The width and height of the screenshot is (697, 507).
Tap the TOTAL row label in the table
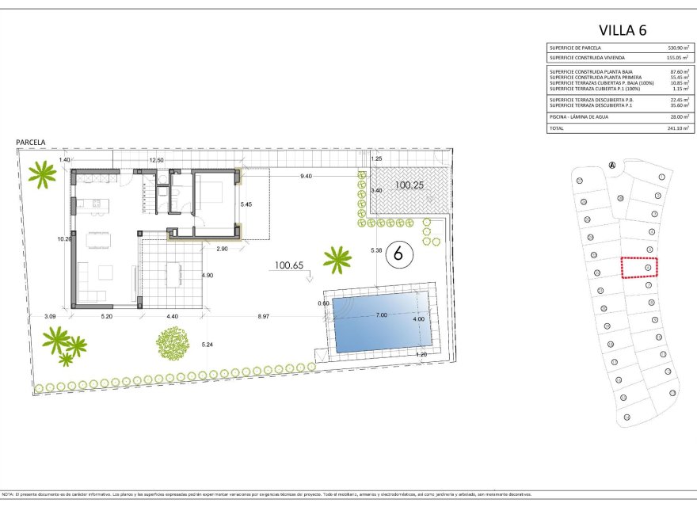pos(558,127)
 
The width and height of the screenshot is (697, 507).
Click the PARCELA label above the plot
pos(31,143)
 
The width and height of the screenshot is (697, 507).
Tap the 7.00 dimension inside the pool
pos(381,314)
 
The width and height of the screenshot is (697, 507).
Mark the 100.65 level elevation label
pos(289,265)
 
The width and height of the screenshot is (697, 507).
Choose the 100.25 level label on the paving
pos(410,185)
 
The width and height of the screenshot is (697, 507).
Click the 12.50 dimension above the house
pos(157,161)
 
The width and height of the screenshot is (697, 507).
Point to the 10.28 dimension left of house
pos(64,238)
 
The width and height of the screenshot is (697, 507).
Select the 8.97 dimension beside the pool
pos(263,317)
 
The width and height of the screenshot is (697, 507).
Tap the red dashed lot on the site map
pos(640,268)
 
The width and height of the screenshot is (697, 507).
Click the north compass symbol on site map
pos(612,164)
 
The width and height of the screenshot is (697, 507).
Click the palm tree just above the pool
pos(337,258)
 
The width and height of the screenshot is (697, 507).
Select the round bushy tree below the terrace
pos(173,344)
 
